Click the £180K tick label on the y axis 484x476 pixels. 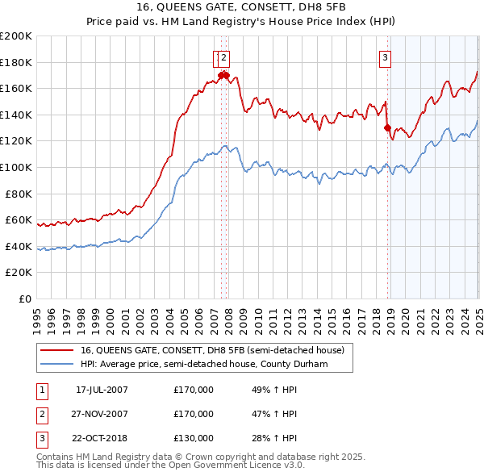click(x=16, y=62)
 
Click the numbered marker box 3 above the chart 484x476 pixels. click(x=386, y=57)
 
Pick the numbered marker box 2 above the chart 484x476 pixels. click(x=223, y=57)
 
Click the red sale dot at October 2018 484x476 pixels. click(x=388, y=127)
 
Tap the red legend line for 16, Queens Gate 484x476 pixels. click(x=57, y=350)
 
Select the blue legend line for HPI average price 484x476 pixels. click(x=57, y=365)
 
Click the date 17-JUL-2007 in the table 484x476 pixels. click(x=102, y=390)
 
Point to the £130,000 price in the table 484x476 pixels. click(x=194, y=438)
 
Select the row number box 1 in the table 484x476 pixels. click(x=40, y=390)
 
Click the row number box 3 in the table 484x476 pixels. click(x=40, y=438)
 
